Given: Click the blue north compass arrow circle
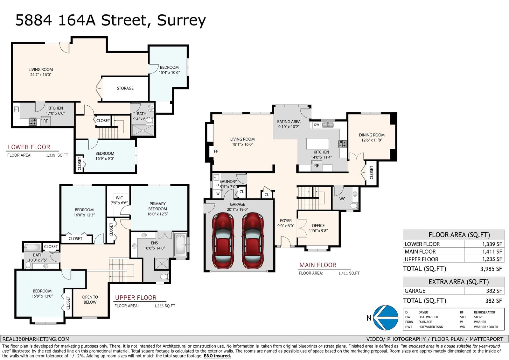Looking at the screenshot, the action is click(x=385, y=317).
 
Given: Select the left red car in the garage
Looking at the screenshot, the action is click(x=223, y=240).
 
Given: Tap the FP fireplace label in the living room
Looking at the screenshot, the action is click(x=216, y=151).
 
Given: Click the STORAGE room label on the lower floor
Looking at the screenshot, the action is click(x=125, y=88).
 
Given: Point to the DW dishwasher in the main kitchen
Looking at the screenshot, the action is click(x=317, y=125).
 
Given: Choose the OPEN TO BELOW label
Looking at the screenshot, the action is click(x=90, y=300).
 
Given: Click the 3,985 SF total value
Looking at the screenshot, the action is click(x=491, y=269).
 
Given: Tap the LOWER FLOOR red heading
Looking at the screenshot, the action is click(x=29, y=147).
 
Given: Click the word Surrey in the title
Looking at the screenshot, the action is click(x=181, y=20).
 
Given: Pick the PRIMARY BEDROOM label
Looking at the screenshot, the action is click(x=158, y=206).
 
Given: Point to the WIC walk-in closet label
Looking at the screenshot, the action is click(x=119, y=198).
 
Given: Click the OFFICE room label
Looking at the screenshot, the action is click(x=318, y=226).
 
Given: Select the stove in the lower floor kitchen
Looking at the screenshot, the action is click(x=33, y=122).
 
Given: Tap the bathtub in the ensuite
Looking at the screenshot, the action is click(x=181, y=245).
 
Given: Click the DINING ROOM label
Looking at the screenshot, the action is click(x=372, y=135).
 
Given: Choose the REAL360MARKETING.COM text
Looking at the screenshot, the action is click(x=36, y=339).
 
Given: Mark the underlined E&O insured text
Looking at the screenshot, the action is click(x=217, y=356).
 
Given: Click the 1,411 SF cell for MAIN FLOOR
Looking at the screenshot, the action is click(x=492, y=252).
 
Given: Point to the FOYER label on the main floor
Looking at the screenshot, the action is click(x=286, y=221).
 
